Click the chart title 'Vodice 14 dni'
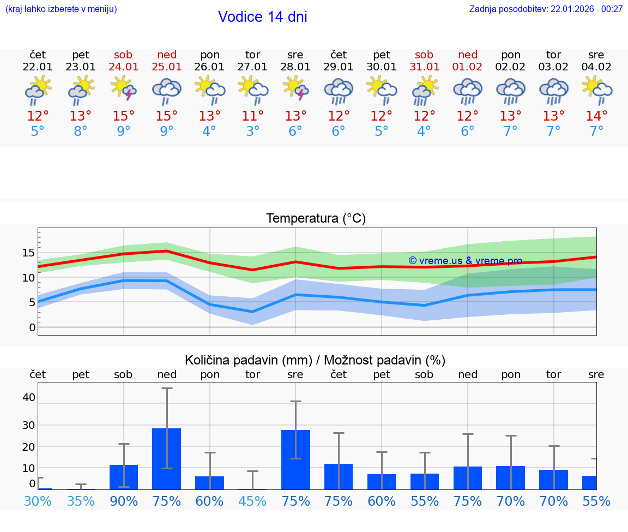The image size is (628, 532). [x=262, y=17]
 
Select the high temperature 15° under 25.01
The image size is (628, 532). [x=167, y=116]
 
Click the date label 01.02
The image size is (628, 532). [x=467, y=67]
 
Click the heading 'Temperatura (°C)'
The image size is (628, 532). [x=316, y=219]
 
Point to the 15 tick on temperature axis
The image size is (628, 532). [x=28, y=253]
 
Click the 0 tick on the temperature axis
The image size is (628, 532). [x=32, y=327]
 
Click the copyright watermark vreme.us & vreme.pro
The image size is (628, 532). [x=465, y=261]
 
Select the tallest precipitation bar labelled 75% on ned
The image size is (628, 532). [x=167, y=458]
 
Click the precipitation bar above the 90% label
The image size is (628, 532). [x=124, y=477]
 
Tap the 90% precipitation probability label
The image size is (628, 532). [x=124, y=501]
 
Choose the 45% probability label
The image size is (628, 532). [x=252, y=501]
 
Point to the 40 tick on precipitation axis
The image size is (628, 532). [x=28, y=397]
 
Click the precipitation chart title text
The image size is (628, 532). [x=315, y=360]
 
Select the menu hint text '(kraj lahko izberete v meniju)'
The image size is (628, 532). [x=61, y=9]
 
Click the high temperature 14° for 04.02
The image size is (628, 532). [x=596, y=116]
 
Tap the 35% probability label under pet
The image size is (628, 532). [x=81, y=501]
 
